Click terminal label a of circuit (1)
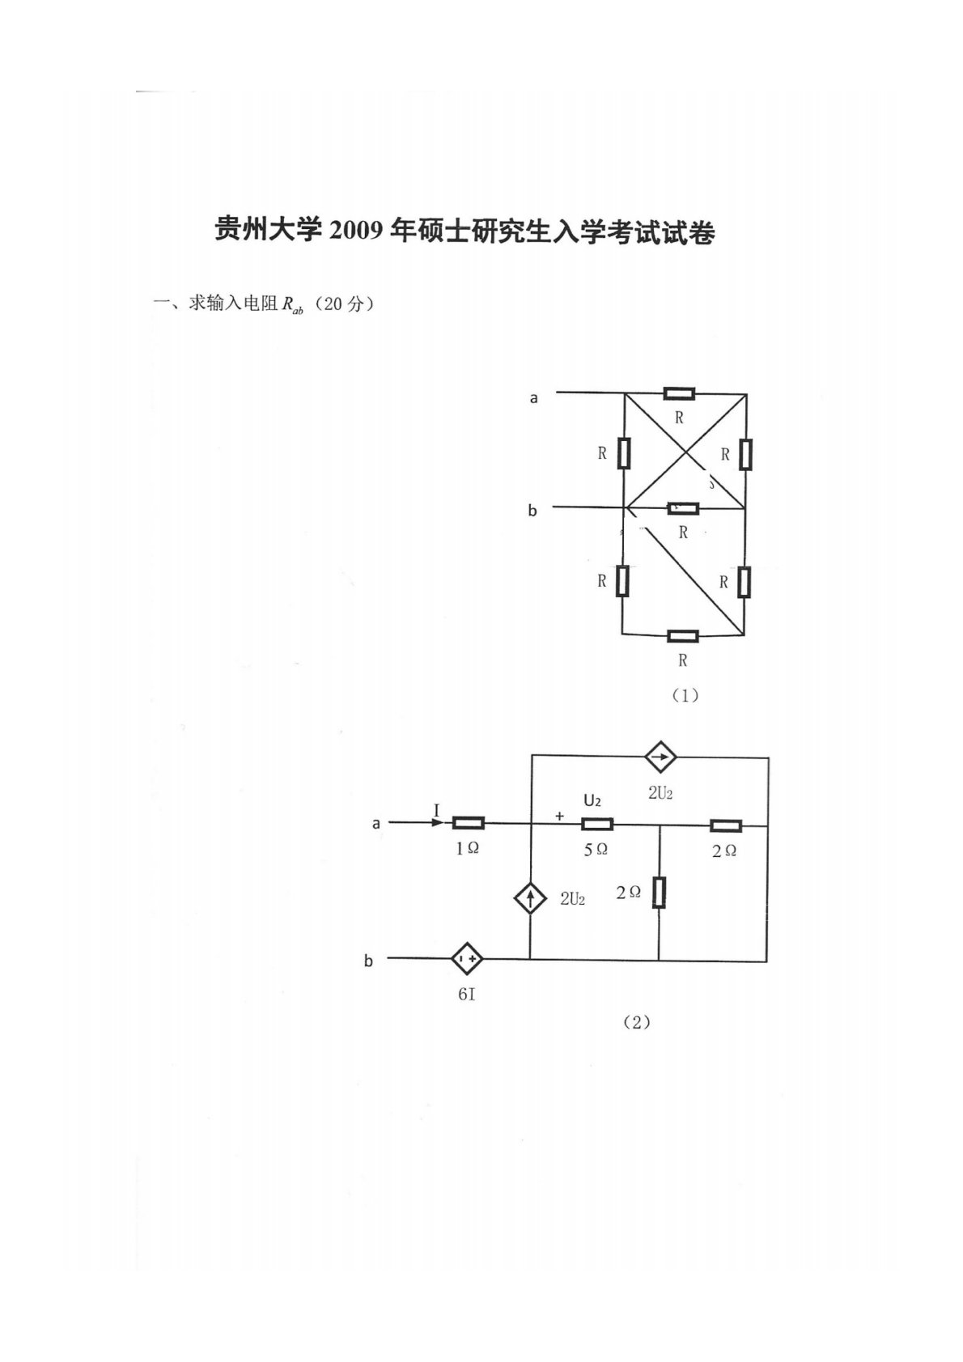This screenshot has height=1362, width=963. [534, 397]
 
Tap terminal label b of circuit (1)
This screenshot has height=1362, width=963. [532, 511]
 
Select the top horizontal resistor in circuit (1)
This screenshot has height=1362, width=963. [678, 394]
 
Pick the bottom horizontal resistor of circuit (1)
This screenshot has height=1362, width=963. [682, 636]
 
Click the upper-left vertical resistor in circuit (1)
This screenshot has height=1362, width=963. [624, 452]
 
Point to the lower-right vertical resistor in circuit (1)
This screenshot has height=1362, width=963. [744, 581]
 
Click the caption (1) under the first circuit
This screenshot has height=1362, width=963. [685, 694]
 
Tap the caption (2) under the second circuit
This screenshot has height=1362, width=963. [636, 1022]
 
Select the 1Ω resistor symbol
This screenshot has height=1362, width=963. [468, 824]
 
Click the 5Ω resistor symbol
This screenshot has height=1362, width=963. [596, 825]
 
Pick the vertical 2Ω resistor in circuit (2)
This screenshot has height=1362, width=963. [659, 892]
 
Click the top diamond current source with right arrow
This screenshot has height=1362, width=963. [660, 757]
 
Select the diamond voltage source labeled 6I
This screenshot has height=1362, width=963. [467, 959]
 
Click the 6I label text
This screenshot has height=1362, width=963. [467, 994]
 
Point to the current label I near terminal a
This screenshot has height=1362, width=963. [437, 810]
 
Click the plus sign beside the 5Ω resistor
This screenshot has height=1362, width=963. [559, 817]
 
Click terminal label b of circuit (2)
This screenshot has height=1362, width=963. [369, 961]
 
